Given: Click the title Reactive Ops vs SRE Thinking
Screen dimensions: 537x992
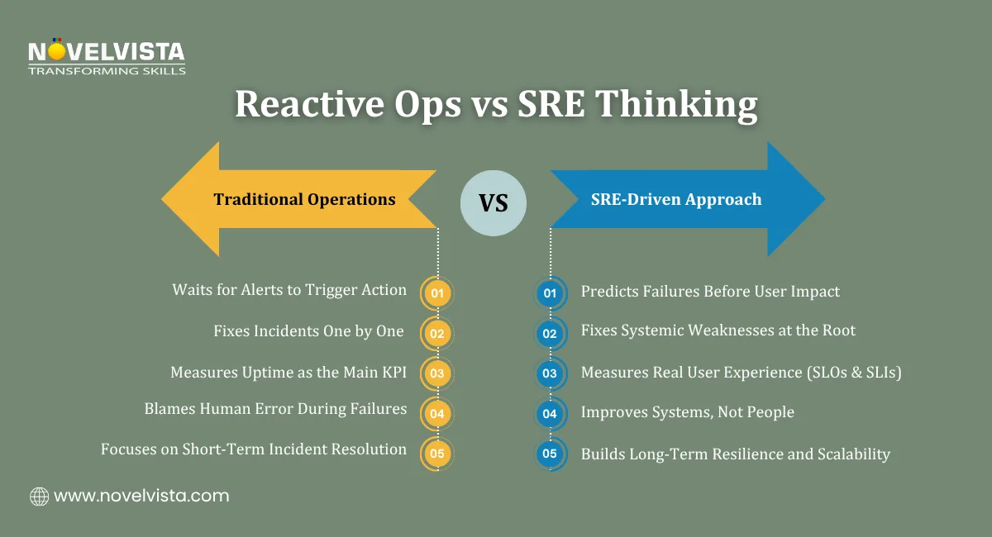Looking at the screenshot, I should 496,105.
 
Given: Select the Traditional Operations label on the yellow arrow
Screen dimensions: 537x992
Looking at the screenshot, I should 304,199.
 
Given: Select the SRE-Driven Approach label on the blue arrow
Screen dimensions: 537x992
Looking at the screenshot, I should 675,199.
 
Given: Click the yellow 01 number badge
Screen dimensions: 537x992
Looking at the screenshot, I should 437,292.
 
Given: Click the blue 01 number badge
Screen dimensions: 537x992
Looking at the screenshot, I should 550,292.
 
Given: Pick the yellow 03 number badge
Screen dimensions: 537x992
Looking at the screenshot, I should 437,373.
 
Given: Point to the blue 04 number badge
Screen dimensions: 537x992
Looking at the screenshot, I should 550,413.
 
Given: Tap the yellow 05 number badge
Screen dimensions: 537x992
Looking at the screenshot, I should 437,454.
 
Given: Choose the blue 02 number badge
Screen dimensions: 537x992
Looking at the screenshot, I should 550,333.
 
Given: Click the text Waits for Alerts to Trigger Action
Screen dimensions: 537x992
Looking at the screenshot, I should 289,290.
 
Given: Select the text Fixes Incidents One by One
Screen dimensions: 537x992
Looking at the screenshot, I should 309,331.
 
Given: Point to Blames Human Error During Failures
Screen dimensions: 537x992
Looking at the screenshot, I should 275,408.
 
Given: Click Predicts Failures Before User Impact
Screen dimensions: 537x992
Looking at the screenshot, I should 710,291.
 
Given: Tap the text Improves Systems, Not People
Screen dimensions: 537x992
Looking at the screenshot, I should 687,412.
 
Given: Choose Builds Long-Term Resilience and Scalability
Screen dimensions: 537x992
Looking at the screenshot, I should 735,454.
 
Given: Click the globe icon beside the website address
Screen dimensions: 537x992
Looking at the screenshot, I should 39,497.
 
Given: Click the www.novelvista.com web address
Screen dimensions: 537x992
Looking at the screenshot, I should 141,497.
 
